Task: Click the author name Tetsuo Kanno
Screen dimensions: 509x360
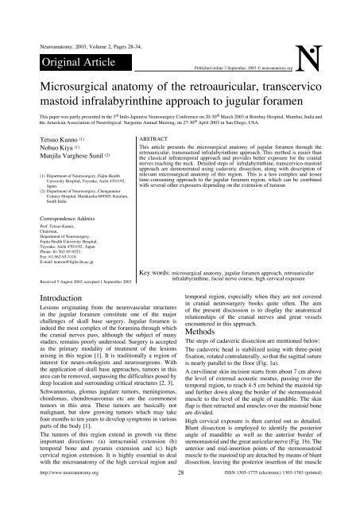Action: click(41, 159)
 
